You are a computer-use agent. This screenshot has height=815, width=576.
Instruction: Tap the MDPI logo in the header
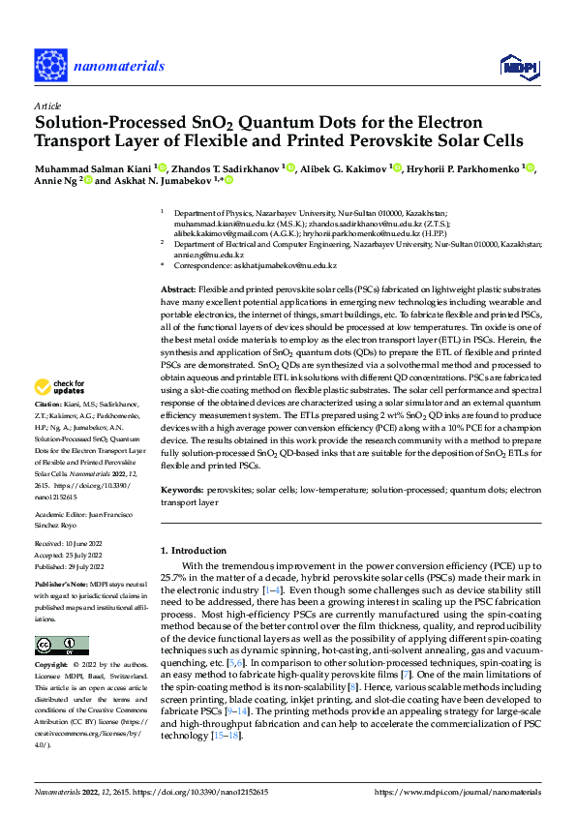[x=515, y=65]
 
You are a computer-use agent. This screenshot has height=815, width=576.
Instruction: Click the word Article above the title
[x=45, y=106]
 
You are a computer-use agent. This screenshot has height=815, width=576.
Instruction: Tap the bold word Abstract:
[x=177, y=290]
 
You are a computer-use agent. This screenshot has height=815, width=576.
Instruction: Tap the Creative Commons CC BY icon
[x=61, y=646]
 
